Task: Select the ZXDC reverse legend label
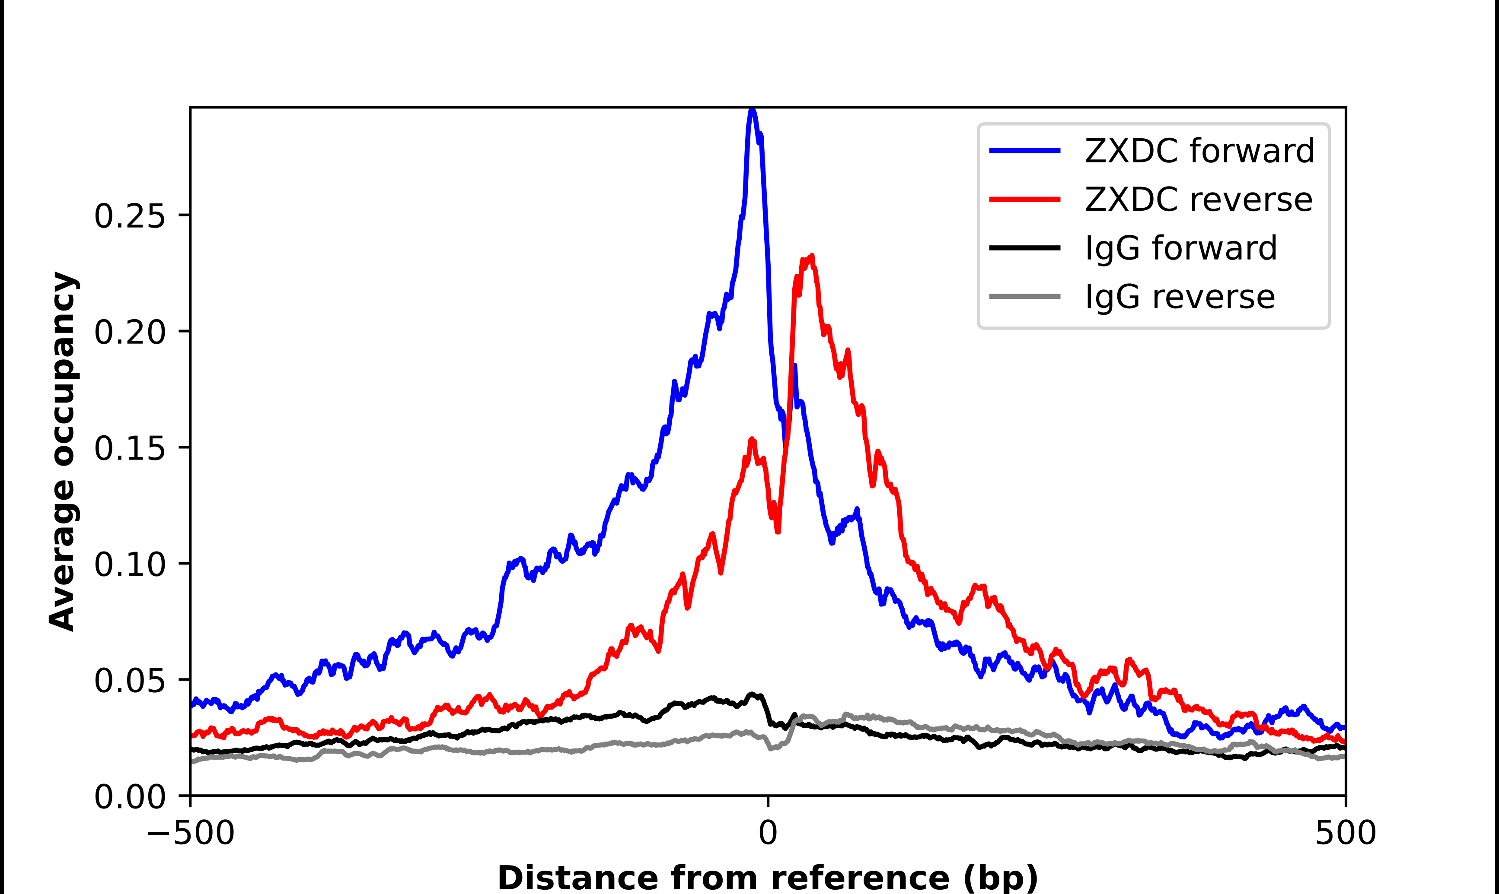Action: click(1198, 200)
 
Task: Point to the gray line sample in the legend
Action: click(1025, 296)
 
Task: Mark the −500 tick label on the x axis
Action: click(191, 833)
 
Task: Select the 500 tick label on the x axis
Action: click(1345, 833)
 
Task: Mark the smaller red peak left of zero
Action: click(752, 441)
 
